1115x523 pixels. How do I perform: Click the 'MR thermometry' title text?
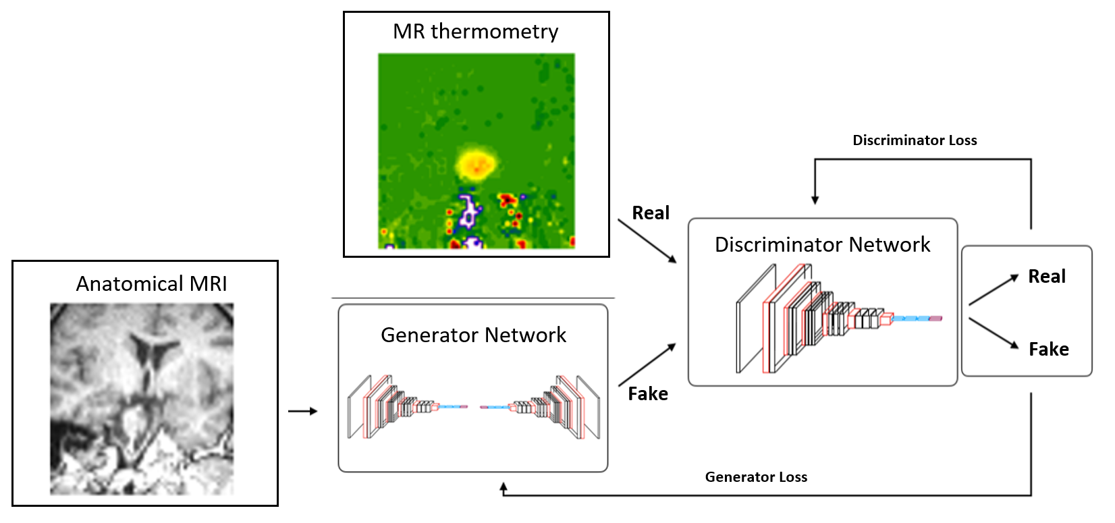(x=476, y=32)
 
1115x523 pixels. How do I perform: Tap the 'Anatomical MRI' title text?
(x=151, y=283)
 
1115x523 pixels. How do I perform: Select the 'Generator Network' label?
(x=473, y=335)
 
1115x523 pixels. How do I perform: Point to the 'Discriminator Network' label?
(x=822, y=244)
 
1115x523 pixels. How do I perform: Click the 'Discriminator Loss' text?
(x=915, y=140)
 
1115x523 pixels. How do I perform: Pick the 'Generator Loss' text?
(x=756, y=477)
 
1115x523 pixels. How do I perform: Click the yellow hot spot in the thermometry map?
(x=477, y=163)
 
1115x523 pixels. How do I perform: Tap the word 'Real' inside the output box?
(x=1047, y=277)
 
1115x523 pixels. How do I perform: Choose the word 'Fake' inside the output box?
(x=1049, y=350)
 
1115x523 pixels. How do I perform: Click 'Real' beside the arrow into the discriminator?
(x=651, y=213)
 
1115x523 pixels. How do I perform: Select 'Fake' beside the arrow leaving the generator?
(x=648, y=394)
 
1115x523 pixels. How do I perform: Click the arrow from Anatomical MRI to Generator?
(x=302, y=411)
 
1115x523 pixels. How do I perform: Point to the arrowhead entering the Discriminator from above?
(x=815, y=200)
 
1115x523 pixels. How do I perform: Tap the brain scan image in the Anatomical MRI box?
(x=142, y=398)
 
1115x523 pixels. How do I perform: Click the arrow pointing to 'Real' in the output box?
(x=993, y=290)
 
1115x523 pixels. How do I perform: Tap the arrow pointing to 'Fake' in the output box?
(x=994, y=333)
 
